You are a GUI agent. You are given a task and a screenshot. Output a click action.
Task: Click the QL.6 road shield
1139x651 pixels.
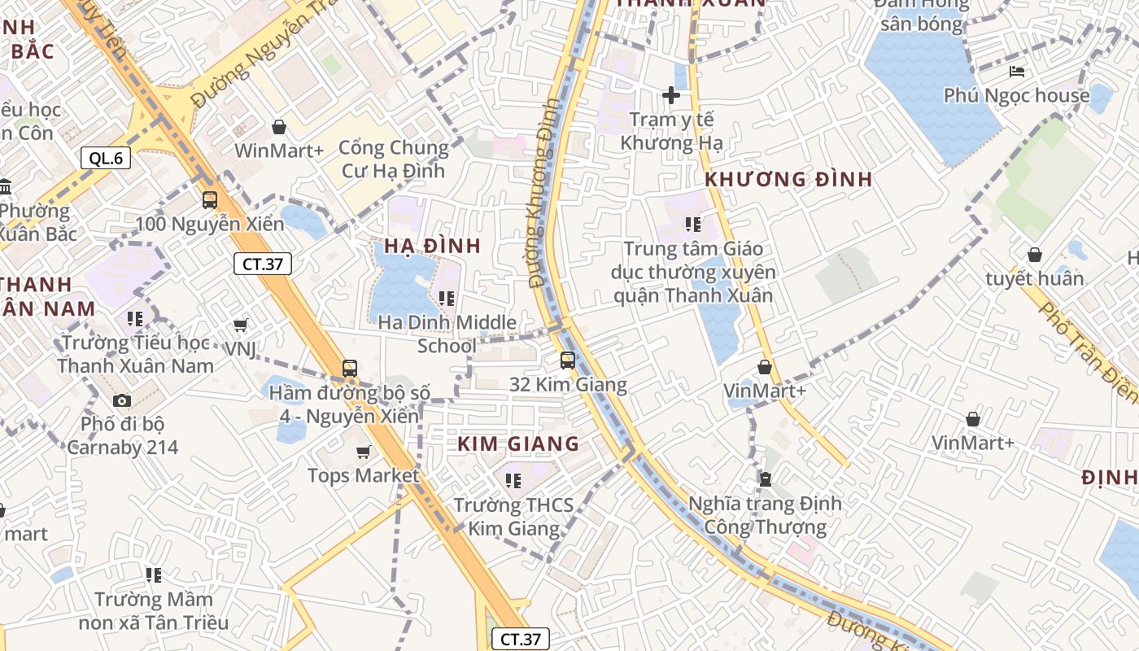point(106,158)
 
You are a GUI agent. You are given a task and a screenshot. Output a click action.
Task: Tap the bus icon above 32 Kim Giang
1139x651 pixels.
point(568,360)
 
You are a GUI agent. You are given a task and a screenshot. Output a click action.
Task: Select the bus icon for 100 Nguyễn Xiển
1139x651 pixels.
point(210,199)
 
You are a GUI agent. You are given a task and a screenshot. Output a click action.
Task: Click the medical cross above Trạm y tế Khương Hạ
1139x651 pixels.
point(671,96)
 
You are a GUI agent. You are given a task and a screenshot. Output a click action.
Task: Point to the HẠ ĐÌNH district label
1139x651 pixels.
point(433,246)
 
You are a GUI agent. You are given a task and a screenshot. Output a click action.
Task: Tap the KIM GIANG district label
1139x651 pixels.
point(518,444)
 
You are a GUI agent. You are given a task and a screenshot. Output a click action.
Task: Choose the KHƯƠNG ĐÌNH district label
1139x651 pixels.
point(788,180)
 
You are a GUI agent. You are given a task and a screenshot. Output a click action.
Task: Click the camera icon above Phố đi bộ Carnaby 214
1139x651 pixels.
point(122,400)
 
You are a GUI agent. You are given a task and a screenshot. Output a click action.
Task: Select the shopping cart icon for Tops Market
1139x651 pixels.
point(364,452)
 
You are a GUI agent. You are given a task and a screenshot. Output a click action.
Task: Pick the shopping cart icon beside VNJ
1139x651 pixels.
point(241,325)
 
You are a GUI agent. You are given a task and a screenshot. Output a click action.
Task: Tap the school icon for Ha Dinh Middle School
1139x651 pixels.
point(446,299)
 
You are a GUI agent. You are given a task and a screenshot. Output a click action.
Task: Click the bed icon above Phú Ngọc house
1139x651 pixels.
point(1017,72)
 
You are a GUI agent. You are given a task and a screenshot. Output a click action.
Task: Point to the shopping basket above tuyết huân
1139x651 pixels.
point(1035,255)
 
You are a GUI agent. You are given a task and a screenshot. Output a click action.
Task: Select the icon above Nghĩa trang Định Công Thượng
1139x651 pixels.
point(765,478)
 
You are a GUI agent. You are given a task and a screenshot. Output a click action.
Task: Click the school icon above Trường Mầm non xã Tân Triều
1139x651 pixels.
point(154,575)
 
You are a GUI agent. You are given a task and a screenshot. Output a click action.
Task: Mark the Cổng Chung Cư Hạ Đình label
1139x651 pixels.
point(393,159)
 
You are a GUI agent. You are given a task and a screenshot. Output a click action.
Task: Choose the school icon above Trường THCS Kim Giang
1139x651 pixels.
point(513,481)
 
